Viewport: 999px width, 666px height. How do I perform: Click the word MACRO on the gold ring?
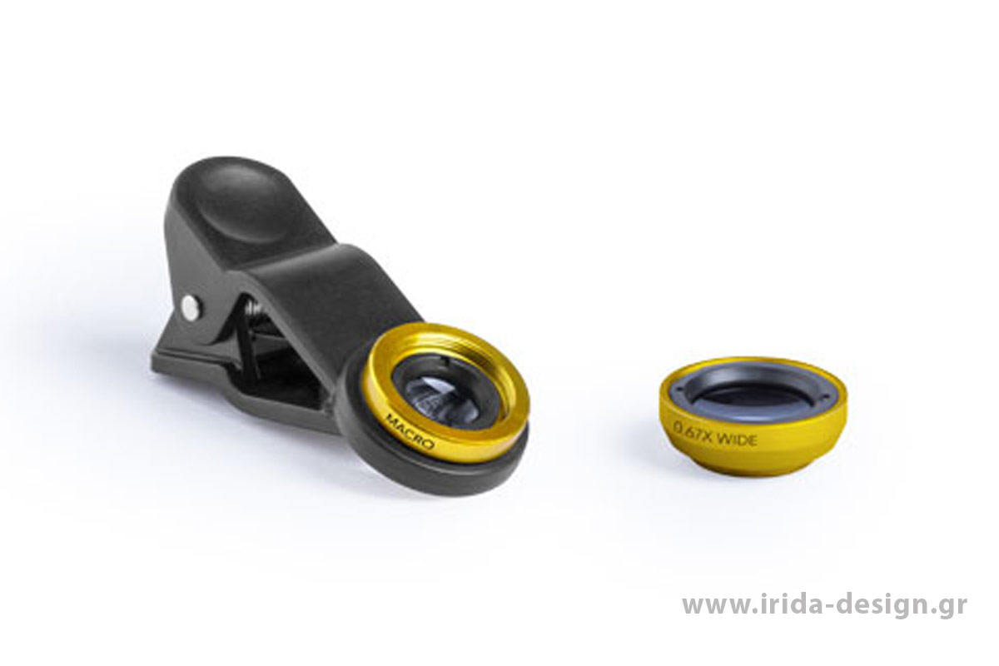pyautogui.click(x=403, y=432)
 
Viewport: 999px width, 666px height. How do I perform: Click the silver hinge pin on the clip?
pyautogui.click(x=191, y=307)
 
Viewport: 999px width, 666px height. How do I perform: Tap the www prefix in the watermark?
pyautogui.click(x=717, y=608)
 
